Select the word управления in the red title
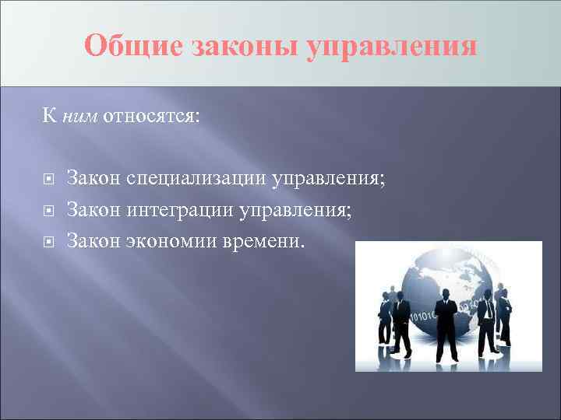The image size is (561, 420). coord(390,46)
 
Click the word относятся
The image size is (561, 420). coord(151,117)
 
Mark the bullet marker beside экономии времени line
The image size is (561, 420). coord(48,242)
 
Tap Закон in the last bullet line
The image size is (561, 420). coord(93,241)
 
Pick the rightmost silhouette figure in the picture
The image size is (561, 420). coord(504,315)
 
